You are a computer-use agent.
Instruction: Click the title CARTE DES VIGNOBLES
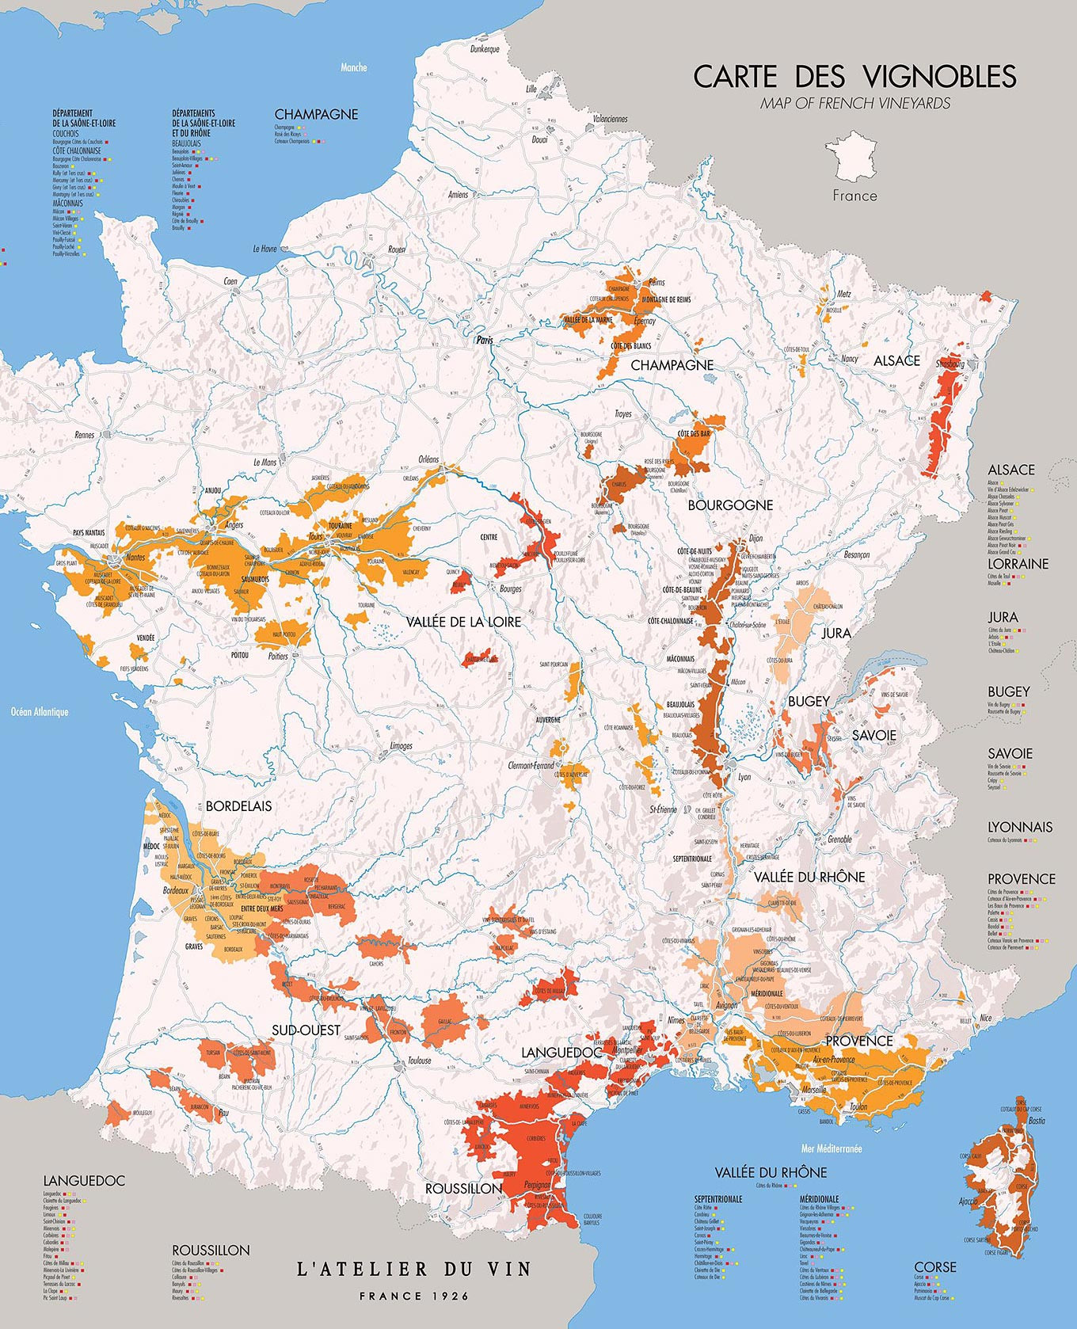click(x=854, y=77)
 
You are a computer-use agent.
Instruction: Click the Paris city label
click(x=484, y=340)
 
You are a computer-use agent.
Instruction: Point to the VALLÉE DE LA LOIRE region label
click(x=463, y=623)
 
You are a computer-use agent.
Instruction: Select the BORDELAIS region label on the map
click(x=238, y=806)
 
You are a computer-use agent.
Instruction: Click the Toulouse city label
click(x=419, y=1061)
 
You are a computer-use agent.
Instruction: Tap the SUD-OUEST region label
click(x=306, y=1030)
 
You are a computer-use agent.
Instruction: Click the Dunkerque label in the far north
click(x=485, y=49)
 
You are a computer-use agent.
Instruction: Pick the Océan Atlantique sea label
click(x=40, y=712)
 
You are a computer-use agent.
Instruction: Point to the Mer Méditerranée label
click(x=832, y=1148)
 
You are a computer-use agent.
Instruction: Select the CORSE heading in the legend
click(x=935, y=1267)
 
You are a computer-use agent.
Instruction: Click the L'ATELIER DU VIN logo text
click(x=413, y=1270)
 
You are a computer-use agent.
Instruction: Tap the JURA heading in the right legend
click(x=1003, y=617)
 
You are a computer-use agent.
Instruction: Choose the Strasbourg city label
click(x=950, y=364)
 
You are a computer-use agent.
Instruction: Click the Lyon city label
click(x=744, y=777)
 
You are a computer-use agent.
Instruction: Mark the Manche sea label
click(x=353, y=68)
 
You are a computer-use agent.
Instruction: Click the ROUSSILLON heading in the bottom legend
click(x=211, y=1250)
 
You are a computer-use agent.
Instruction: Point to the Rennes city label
click(x=84, y=435)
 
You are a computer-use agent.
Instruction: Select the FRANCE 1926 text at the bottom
click(x=413, y=1297)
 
